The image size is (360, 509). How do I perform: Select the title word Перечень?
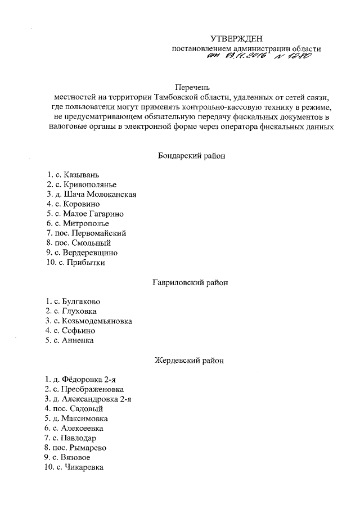pos(192,87)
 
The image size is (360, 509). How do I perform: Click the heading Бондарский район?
pos(191,155)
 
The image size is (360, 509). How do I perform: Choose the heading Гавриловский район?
pos(191,283)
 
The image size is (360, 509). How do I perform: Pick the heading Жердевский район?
pos(191,359)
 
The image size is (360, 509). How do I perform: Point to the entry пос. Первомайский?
pos(87,233)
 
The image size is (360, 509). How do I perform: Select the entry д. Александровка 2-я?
pos(90,399)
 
